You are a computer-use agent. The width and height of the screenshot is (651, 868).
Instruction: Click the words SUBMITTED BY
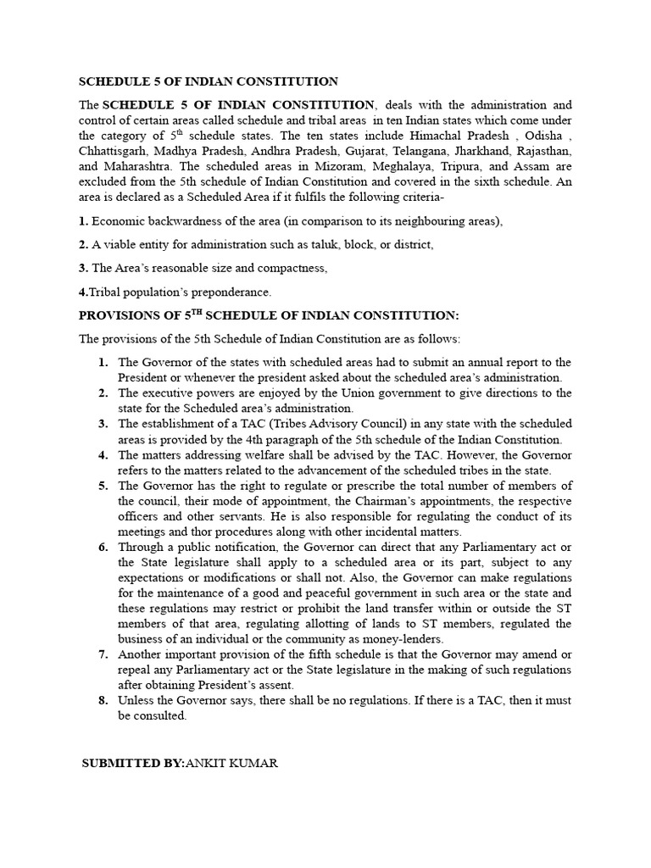pos(131,763)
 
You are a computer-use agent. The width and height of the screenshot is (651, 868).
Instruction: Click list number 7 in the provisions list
pos(103,654)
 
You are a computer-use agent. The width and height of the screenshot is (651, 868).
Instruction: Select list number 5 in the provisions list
pos(103,486)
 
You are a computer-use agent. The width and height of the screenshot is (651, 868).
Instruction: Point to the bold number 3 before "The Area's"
pos(82,268)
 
